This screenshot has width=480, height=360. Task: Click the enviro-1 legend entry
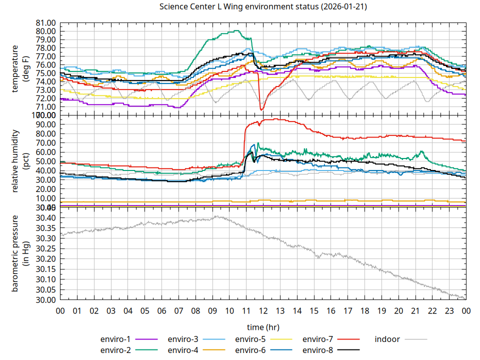click(116, 339)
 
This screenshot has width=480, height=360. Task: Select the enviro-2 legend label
click(116, 350)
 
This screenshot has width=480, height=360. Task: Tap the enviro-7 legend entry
click(319, 339)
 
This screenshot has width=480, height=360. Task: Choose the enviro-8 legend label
click(319, 350)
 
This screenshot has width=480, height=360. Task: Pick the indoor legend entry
click(387, 339)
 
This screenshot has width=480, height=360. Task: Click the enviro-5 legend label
click(251, 339)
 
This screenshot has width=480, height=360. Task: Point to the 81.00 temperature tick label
click(44, 23)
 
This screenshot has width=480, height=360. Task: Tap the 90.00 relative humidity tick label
click(44, 124)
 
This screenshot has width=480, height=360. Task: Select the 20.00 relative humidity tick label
click(44, 189)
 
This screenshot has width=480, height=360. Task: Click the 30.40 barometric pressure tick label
click(44, 218)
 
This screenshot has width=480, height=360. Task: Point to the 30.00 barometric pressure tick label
click(44, 300)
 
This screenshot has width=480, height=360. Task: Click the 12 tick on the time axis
click(263, 310)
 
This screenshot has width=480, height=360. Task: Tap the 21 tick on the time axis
click(415, 310)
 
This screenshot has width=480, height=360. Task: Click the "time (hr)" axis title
click(263, 327)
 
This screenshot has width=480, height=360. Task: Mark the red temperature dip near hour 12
click(261, 109)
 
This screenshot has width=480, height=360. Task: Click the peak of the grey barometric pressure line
click(216, 216)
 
